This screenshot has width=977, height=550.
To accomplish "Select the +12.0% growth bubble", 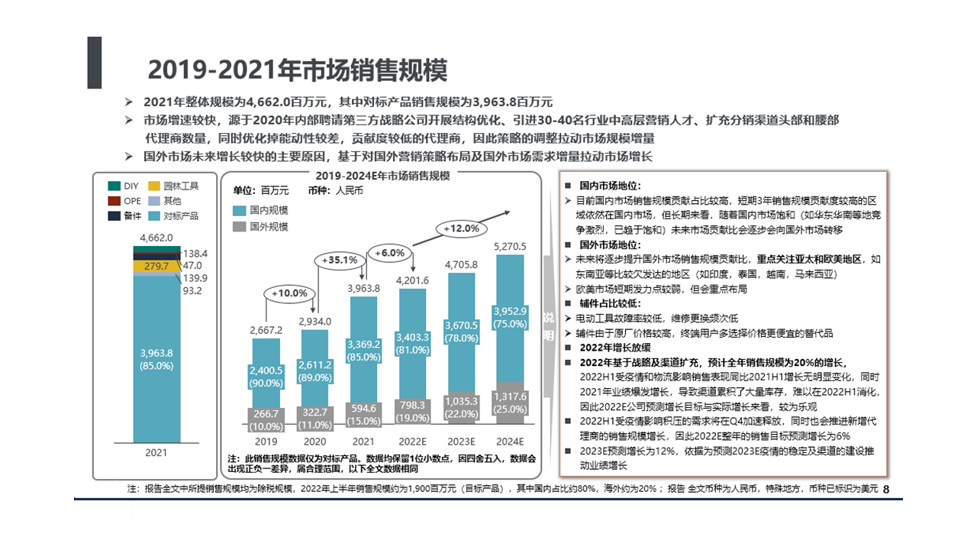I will tap(461, 228).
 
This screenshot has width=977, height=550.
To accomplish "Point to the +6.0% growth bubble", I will tap(389, 253).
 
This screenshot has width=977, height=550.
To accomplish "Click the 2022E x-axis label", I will tap(412, 442).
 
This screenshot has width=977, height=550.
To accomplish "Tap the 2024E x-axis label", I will tap(510, 442).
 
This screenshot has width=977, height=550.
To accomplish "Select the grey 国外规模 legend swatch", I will tap(239, 226).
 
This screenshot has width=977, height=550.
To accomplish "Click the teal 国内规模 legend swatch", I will tap(239, 210).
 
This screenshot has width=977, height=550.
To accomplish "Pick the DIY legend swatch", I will tap(114, 186).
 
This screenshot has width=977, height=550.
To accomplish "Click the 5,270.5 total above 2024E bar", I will tap(510, 246).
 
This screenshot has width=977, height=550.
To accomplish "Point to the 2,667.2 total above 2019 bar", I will tap(266, 330).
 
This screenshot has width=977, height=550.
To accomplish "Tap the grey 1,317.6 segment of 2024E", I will tap(510, 403).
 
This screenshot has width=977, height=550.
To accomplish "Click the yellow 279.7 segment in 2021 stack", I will tap(156, 266).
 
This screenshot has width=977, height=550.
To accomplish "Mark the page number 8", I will tap(886, 489).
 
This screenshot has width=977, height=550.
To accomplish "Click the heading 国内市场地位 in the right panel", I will tap(610, 186).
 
